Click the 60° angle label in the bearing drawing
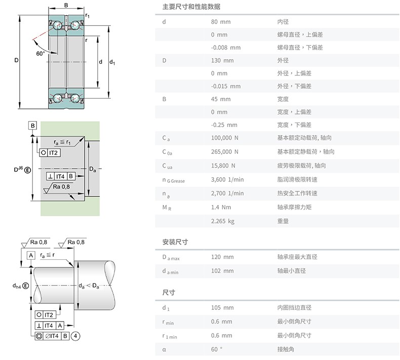[41, 54]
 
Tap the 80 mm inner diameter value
[221, 22]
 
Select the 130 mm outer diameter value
[222, 60]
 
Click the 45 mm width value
[221, 99]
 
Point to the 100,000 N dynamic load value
[224, 138]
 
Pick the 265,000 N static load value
[224, 152]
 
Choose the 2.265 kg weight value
[222, 221]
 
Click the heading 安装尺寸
[175, 242]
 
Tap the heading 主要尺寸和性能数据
[191, 7]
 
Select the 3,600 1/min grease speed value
[227, 180]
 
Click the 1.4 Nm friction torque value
[221, 207]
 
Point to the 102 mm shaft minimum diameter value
[222, 271]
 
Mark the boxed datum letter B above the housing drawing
[32, 126]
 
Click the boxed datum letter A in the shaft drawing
[31, 255]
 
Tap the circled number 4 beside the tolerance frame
[75, 336]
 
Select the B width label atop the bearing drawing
[66, 5]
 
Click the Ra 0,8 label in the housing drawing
[61, 187]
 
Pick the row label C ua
[168, 166]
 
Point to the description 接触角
[286, 349]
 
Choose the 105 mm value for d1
[222, 308]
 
